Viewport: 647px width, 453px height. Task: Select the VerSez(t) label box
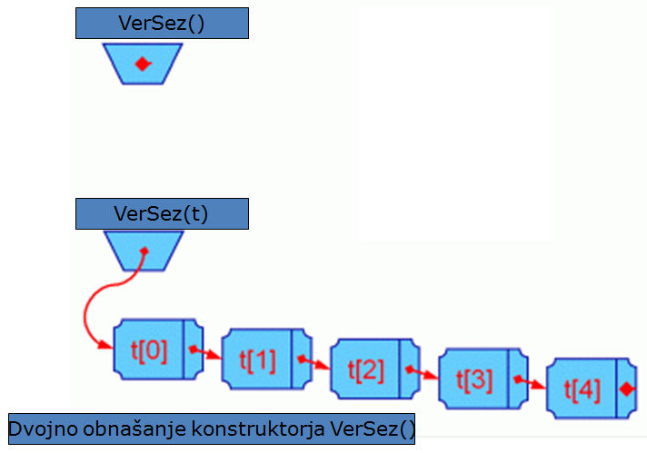(x=161, y=214)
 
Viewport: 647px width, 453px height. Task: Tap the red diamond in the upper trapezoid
(x=142, y=64)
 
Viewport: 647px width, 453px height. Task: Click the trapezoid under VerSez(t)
(x=144, y=251)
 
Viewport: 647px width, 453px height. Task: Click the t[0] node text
(x=149, y=349)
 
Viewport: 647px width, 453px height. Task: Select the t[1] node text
(x=257, y=359)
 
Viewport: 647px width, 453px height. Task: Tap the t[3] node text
(x=473, y=379)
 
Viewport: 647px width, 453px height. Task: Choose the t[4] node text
(x=582, y=389)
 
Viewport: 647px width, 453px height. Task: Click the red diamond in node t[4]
(x=625, y=389)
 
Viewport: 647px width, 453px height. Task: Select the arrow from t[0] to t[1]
(x=207, y=352)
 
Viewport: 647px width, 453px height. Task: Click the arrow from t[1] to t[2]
(x=315, y=363)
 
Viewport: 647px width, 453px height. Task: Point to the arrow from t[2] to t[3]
(x=423, y=372)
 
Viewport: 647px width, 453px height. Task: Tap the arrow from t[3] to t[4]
(x=532, y=381)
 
